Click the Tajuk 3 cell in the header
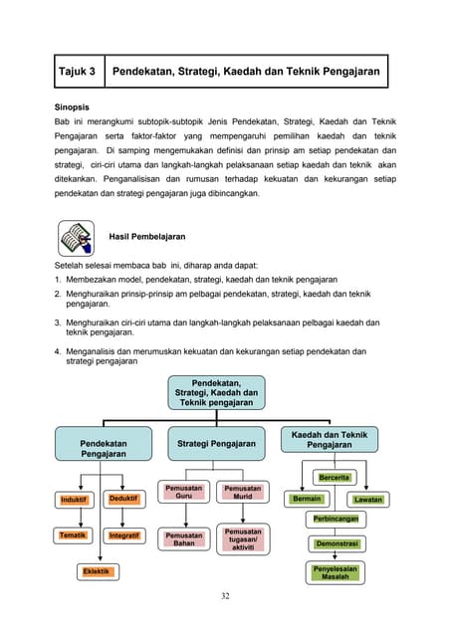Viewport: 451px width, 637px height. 77,72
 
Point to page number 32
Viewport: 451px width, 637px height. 225,596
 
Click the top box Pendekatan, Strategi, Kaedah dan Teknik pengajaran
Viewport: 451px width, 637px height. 216,393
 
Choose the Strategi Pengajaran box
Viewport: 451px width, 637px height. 216,443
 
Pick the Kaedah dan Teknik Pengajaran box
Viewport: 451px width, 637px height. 330,440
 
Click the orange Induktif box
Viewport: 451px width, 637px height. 74,499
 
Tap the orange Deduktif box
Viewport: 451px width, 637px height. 123,499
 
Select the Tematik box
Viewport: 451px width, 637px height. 74,535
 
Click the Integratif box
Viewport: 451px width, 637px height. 123,535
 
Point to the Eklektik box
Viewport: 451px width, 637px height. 98,571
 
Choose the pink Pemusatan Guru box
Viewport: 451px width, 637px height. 184,493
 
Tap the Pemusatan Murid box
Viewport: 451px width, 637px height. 243,493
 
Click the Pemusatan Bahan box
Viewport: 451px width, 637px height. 184,539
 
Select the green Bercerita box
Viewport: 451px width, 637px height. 335,478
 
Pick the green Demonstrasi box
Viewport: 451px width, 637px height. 337,544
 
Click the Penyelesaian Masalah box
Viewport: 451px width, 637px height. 336,572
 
